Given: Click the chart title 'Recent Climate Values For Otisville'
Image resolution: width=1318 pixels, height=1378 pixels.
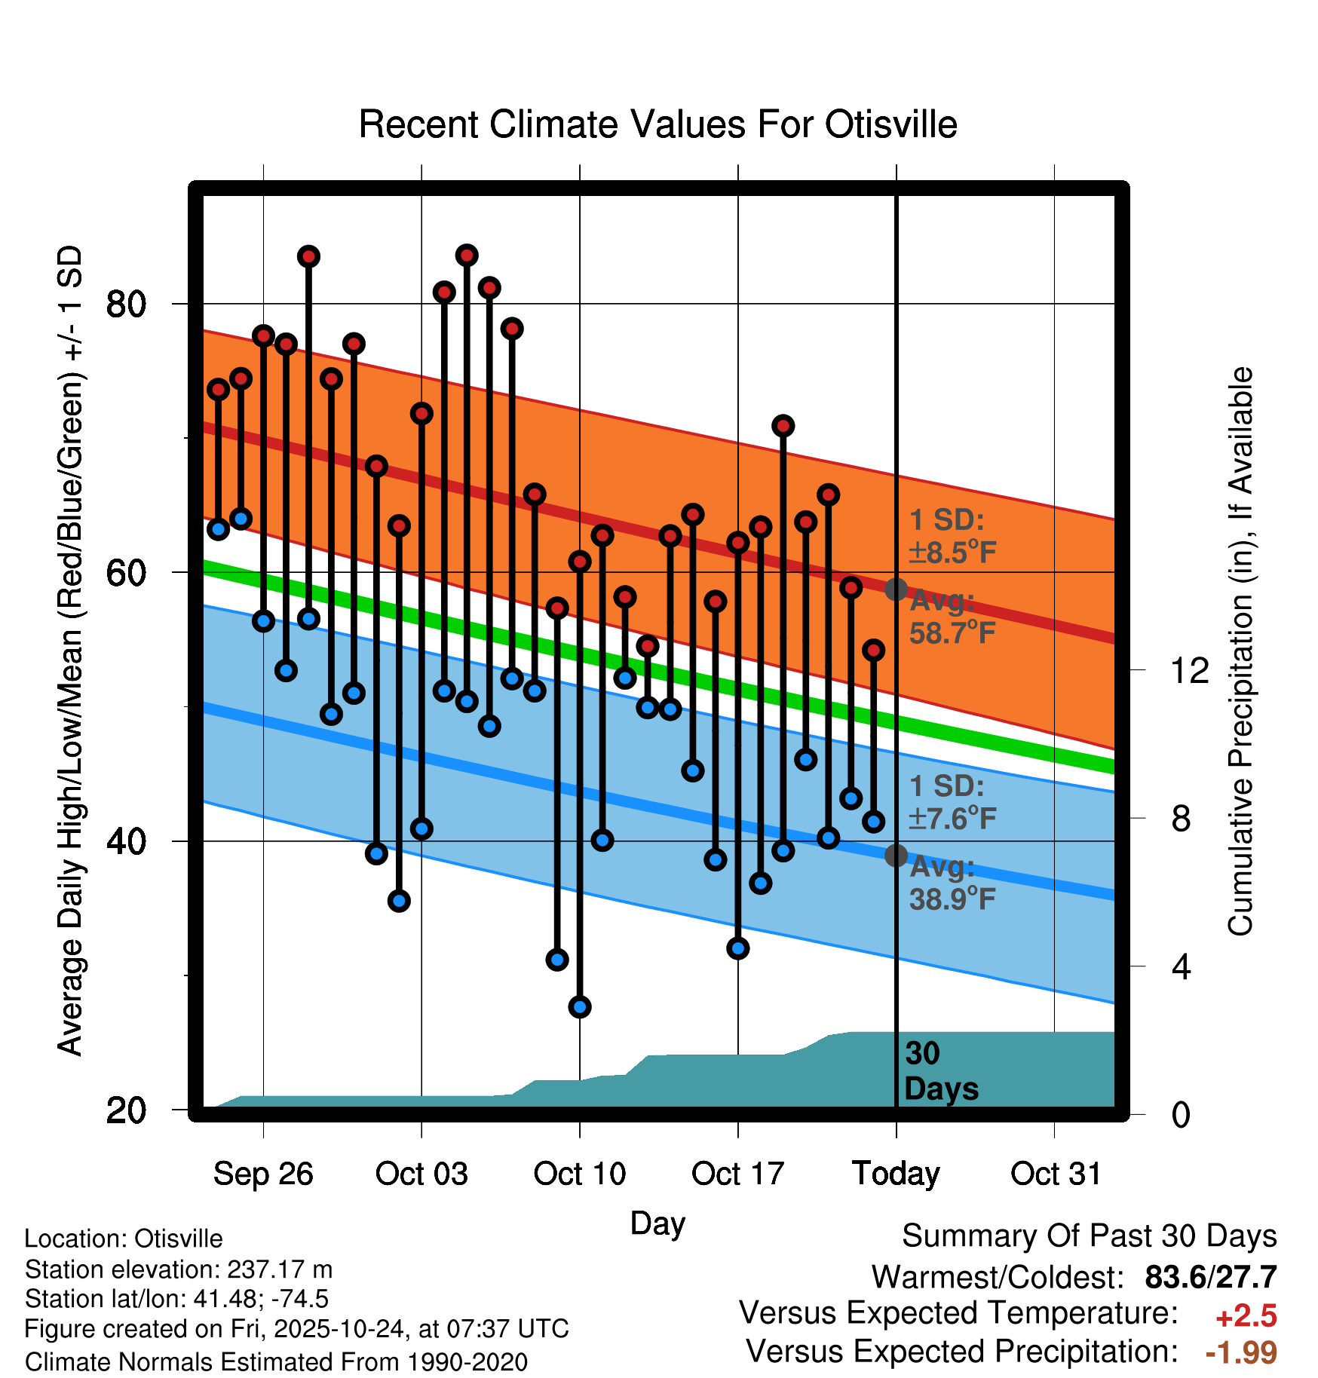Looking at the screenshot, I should (657, 124).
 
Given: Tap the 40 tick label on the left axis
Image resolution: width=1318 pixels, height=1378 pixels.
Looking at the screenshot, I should (126, 841).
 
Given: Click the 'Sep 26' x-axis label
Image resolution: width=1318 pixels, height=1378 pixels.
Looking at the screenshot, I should (263, 1174).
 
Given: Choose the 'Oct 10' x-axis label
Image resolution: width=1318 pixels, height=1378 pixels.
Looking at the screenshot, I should (579, 1174).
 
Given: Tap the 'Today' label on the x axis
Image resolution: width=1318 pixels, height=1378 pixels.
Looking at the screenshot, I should (896, 1174).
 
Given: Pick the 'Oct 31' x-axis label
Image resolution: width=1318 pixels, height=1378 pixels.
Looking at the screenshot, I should (1055, 1174).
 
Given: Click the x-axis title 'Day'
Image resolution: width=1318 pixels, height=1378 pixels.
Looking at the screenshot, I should (657, 1223).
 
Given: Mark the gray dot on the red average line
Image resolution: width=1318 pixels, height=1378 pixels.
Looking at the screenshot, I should (896, 589).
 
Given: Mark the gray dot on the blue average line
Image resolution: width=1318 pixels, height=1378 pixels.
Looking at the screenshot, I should (896, 856).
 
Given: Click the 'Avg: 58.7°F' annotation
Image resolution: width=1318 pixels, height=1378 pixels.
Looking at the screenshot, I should (952, 617).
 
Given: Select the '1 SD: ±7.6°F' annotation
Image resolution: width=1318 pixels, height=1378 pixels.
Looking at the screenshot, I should (952, 802).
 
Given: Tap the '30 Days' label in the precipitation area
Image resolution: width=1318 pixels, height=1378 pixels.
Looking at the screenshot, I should (940, 1071).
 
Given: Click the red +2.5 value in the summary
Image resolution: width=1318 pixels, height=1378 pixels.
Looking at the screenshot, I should (1246, 1316).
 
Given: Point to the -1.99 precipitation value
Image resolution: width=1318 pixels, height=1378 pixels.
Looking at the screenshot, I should (1241, 1352).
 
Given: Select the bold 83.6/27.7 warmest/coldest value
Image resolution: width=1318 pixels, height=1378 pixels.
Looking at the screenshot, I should (1210, 1278).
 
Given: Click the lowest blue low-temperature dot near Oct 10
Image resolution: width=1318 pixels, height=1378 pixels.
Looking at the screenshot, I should (580, 1006).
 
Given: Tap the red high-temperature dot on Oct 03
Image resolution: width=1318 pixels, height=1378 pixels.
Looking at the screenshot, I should (421, 413).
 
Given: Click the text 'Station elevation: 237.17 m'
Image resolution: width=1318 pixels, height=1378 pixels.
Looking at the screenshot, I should (179, 1269).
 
